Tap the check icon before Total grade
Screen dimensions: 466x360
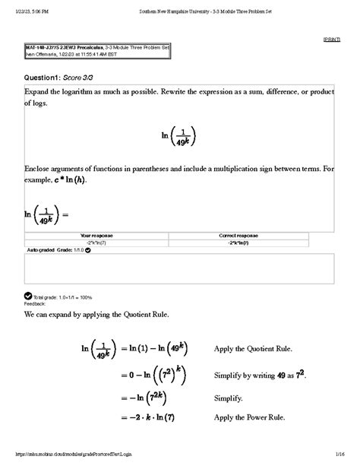click(28, 296)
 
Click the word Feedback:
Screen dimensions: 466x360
click(36, 302)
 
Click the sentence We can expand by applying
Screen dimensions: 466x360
click(94, 313)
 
